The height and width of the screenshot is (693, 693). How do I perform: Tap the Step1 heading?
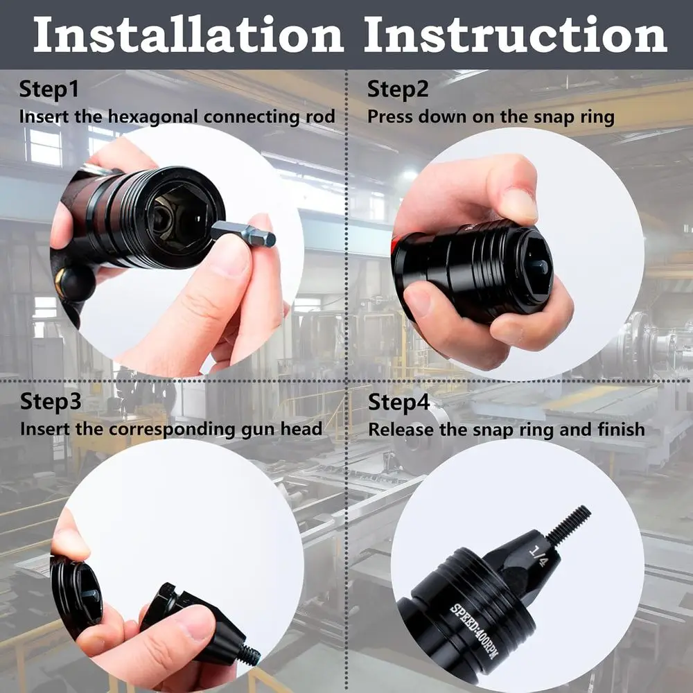[x=49, y=89]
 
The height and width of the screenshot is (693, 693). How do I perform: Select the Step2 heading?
[x=398, y=89]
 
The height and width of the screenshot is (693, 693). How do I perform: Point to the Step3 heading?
[x=50, y=401]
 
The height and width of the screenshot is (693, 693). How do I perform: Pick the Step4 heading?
[x=398, y=402]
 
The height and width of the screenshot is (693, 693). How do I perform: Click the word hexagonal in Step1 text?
[x=149, y=116]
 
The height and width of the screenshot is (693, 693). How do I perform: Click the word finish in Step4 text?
[x=620, y=429]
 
